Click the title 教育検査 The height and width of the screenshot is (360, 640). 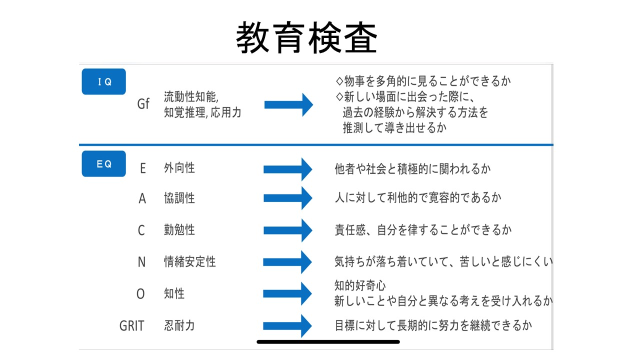[x=306, y=37]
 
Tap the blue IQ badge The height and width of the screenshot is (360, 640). [x=103, y=81]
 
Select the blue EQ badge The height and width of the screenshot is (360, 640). [x=103, y=163]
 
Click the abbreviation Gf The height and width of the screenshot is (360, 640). [x=143, y=103]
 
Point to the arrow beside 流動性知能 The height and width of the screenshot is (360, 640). [x=288, y=104]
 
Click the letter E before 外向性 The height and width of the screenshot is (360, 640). [x=143, y=168]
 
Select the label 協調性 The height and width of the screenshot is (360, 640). [x=179, y=198]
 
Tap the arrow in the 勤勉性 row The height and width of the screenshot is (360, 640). [x=287, y=230]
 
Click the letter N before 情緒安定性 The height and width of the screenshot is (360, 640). [x=141, y=262]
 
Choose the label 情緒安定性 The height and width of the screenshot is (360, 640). [x=189, y=261]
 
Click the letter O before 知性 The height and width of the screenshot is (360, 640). [x=140, y=293]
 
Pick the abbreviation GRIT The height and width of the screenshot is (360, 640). [x=131, y=325]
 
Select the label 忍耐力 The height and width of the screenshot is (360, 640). [x=179, y=325]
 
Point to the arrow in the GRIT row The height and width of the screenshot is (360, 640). [x=287, y=326]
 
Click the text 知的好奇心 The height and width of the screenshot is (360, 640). [x=360, y=285]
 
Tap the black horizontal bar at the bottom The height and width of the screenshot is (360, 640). [x=328, y=342]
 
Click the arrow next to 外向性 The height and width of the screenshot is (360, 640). [x=287, y=169]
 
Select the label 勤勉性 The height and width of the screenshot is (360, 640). [x=179, y=229]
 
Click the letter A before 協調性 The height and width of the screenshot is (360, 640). [x=142, y=198]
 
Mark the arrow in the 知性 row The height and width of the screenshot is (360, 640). [x=287, y=293]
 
